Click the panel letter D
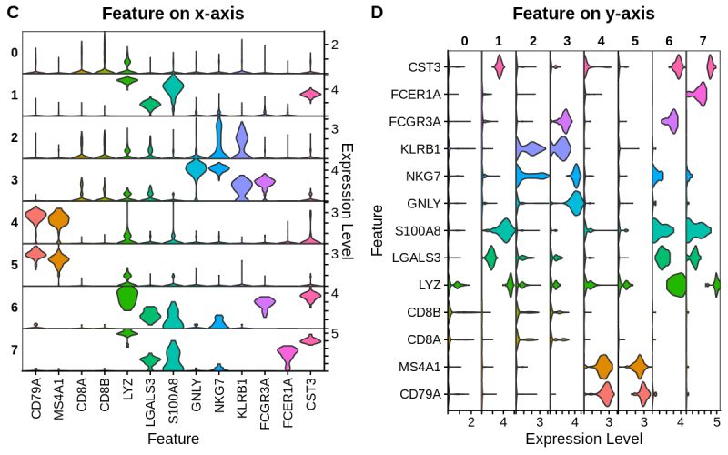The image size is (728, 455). pyautogui.click(x=378, y=14)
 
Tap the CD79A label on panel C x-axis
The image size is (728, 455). pyautogui.click(x=36, y=401)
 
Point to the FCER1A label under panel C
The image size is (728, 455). pyautogui.click(x=288, y=401)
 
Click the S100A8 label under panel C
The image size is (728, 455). pyautogui.click(x=173, y=401)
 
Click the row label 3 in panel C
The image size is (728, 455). pyautogui.click(x=13, y=180)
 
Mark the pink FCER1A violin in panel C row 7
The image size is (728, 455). pyautogui.click(x=288, y=357)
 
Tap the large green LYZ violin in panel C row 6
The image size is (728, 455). pyautogui.click(x=126, y=297)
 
